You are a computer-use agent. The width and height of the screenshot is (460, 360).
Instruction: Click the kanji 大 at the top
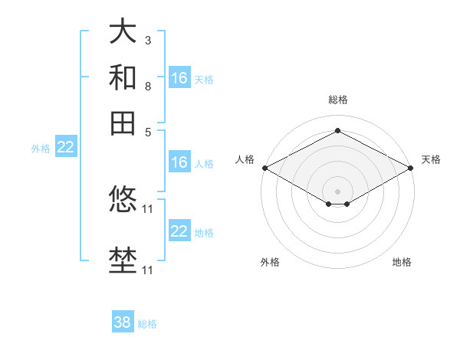123,32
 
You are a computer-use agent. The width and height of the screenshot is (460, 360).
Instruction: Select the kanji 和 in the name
123,77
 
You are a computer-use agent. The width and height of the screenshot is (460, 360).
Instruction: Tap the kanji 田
123,123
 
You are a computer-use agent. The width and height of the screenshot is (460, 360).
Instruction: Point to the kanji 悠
123,199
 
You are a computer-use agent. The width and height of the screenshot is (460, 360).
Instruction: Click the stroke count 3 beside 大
147,40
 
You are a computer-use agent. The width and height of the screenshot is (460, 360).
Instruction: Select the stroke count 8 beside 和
147,86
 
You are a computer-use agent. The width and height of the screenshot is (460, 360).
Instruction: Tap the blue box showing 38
123,322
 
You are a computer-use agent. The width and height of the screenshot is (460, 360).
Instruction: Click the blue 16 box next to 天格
179,78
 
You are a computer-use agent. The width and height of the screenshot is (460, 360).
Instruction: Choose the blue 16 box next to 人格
179,162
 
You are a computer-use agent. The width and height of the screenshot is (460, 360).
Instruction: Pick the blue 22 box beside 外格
65,148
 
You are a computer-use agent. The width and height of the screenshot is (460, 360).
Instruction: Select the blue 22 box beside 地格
179,231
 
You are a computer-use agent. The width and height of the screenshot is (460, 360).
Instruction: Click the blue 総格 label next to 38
147,324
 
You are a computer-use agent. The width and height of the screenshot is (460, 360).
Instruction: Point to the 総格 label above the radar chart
337,100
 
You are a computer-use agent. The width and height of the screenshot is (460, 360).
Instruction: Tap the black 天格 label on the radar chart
431,159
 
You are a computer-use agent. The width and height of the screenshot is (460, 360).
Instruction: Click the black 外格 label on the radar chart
270,262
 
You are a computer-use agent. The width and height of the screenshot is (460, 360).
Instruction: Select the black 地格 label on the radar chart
402,262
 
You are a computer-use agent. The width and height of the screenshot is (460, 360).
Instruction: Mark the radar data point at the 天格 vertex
412,168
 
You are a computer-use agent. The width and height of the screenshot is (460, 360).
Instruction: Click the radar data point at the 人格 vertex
264,168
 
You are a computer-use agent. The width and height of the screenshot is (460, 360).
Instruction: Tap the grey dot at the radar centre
337,191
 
